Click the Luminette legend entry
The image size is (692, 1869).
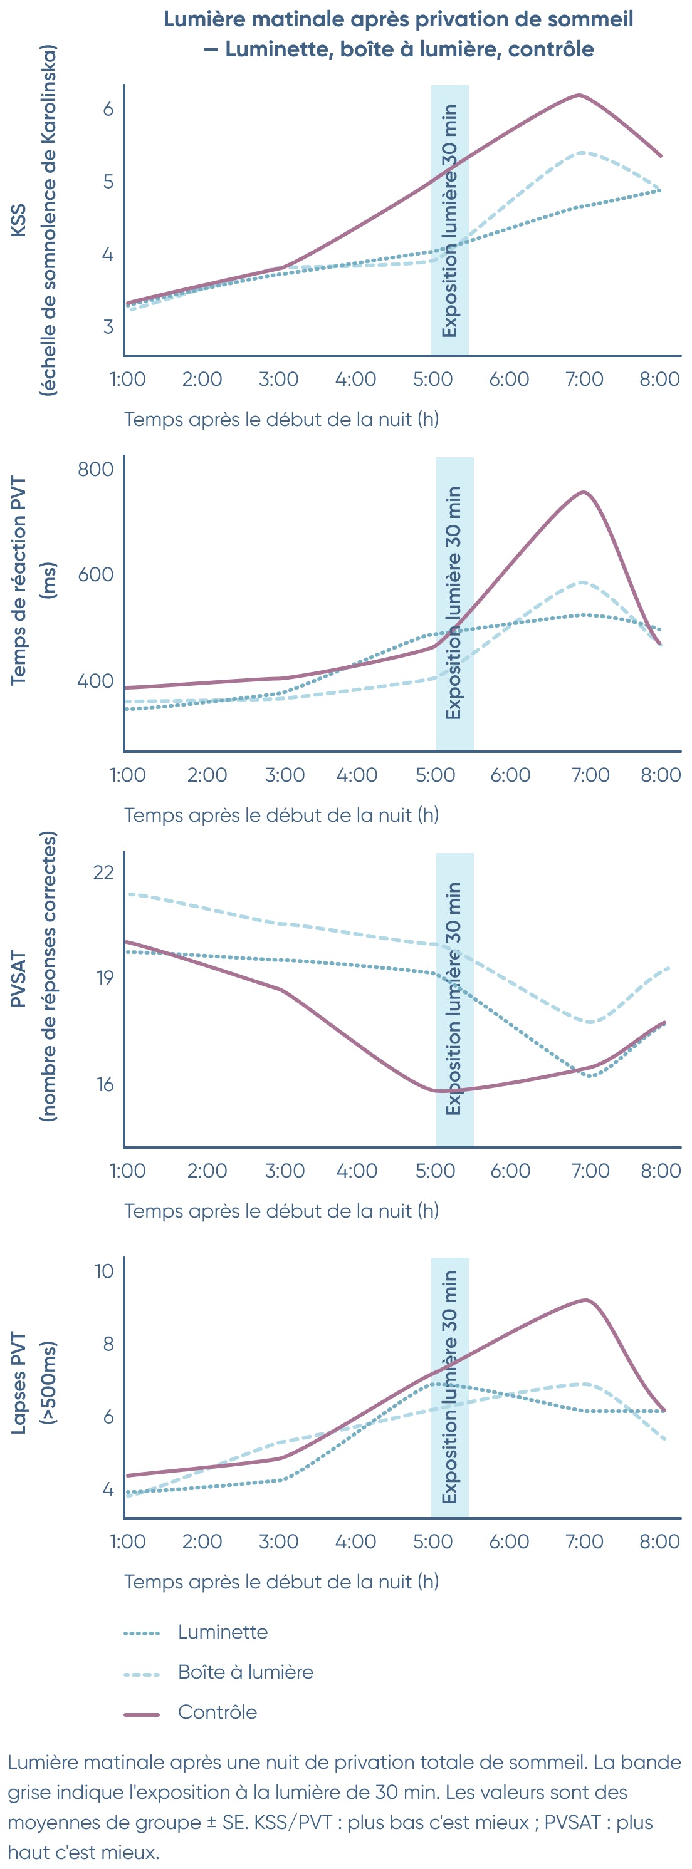tap(222, 1632)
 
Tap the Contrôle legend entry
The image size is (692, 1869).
tap(217, 1712)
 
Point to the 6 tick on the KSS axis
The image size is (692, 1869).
tap(108, 109)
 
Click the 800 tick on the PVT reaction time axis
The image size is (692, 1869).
tap(96, 469)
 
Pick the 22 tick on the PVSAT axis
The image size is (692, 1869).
tap(103, 872)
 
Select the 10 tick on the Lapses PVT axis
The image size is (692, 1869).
tap(104, 1271)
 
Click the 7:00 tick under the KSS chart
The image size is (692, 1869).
tap(585, 379)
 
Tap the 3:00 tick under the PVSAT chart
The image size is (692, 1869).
tap(285, 1170)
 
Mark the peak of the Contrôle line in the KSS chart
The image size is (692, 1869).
tap(578, 95)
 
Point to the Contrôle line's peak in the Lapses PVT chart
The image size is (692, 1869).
tap(586, 1300)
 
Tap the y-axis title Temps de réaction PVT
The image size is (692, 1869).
tap(18, 581)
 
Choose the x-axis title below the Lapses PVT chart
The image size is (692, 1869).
tap(281, 1582)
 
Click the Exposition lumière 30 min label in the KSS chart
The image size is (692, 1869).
tap(449, 220)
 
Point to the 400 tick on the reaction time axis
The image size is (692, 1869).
tap(96, 681)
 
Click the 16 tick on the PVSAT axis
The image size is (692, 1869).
tap(105, 1085)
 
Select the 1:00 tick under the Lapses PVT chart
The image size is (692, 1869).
tap(128, 1541)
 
